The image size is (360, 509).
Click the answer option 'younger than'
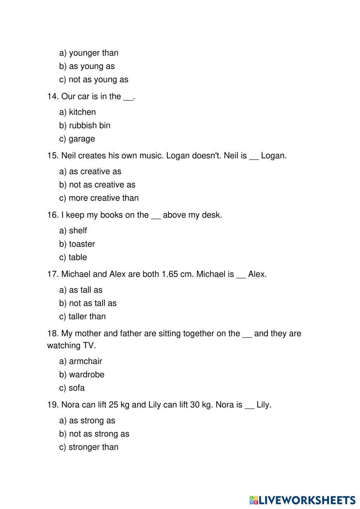[93, 53]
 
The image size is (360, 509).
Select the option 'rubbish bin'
[89, 125]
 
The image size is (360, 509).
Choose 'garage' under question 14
[82, 139]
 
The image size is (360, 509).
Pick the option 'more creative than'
[103, 198]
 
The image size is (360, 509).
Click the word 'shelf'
[78, 231]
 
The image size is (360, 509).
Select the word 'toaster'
[82, 244]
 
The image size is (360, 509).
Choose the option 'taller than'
[87, 316]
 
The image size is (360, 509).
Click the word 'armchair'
[85, 361]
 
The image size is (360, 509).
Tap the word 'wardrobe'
[86, 374]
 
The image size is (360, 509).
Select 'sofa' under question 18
[77, 388]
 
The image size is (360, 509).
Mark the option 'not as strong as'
[99, 434]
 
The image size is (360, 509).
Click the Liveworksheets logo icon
[253, 500]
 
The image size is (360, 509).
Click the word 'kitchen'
[82, 112]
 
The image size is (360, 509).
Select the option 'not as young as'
[98, 80]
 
